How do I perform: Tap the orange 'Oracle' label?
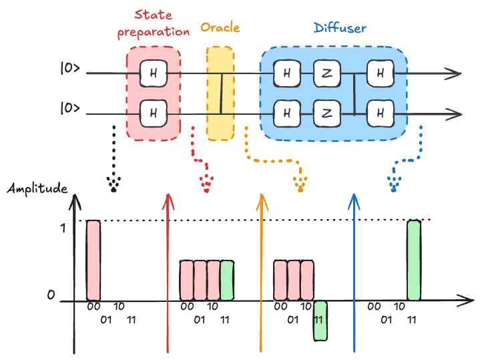(220, 28)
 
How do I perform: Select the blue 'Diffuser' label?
(340, 29)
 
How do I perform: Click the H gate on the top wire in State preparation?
(153, 73)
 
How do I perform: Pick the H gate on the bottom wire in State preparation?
(153, 113)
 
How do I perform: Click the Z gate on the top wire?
(326, 73)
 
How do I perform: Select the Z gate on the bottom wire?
(326, 113)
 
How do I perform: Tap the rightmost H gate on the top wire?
(380, 73)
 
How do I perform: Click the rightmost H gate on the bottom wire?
(380, 113)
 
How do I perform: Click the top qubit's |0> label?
(70, 69)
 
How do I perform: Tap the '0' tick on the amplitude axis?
(50, 294)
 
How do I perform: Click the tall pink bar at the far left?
(93, 260)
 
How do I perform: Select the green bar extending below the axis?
(320, 321)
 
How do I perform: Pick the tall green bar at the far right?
(414, 260)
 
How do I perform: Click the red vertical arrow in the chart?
(168, 274)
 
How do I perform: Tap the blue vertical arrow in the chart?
(354, 274)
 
